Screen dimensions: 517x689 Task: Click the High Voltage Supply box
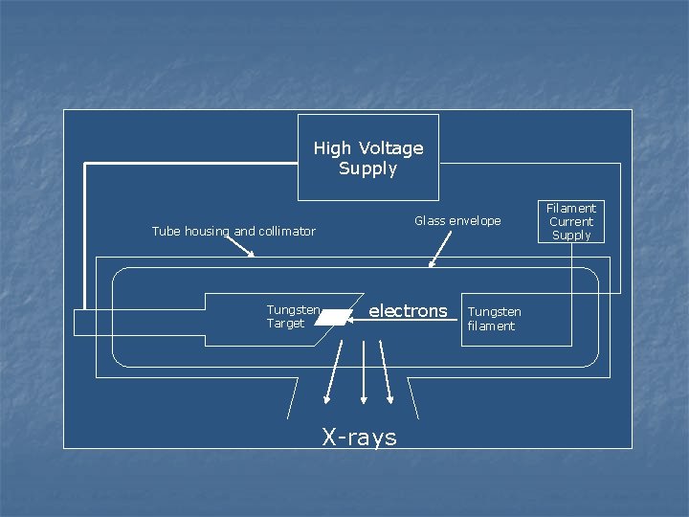[x=368, y=158]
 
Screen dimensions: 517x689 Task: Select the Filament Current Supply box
[x=571, y=221]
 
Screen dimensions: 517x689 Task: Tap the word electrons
[x=408, y=310]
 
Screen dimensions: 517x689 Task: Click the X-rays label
[x=359, y=438]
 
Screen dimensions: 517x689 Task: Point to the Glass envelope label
[x=457, y=221]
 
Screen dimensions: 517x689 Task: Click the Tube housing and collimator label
[x=233, y=231]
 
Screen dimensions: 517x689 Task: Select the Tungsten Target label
[x=293, y=317]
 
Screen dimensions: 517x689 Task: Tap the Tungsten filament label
[x=494, y=319]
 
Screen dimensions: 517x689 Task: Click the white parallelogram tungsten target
[x=332, y=316]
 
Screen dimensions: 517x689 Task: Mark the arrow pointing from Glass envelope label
[x=439, y=250]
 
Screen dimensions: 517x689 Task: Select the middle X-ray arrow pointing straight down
[x=363, y=373]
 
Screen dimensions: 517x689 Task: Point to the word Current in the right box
[x=571, y=221]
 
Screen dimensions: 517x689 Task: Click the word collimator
[x=287, y=231]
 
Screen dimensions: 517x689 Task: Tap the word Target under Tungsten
[x=285, y=324]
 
